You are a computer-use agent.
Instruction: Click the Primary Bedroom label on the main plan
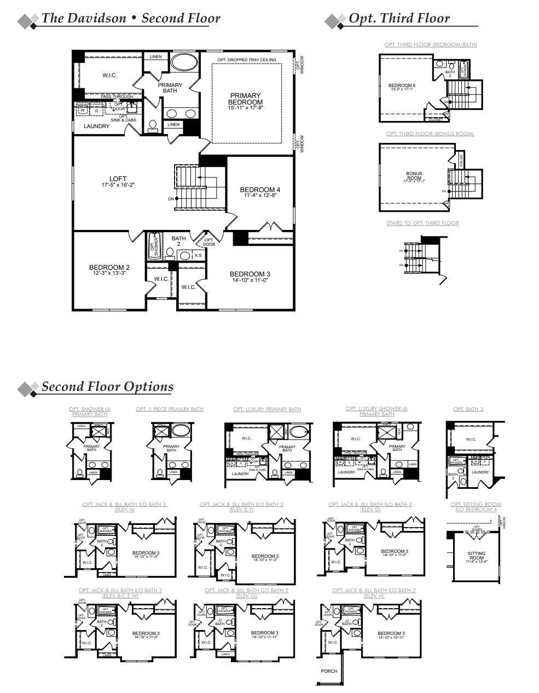click(245, 99)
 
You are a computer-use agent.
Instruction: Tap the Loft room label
click(118, 179)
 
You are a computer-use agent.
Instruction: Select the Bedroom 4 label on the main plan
click(260, 190)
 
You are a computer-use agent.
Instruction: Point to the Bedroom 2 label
click(109, 268)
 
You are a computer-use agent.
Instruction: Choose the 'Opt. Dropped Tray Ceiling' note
click(246, 60)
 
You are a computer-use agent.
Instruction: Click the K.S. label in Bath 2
click(198, 255)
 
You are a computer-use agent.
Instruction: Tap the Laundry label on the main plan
click(96, 126)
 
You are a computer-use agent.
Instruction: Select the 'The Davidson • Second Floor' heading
click(130, 18)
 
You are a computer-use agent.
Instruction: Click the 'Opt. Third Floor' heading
click(399, 18)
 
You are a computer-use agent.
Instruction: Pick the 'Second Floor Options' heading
click(107, 386)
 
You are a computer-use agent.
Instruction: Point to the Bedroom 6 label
click(402, 85)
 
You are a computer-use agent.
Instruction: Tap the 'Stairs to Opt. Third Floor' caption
click(422, 223)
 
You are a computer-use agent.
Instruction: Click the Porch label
click(329, 671)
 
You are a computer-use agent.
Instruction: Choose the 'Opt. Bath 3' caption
click(468, 409)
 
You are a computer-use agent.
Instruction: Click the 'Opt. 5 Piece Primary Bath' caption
click(170, 409)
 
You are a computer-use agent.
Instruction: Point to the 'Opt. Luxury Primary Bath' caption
click(267, 409)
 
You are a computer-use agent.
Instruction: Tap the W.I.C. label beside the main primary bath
click(109, 76)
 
